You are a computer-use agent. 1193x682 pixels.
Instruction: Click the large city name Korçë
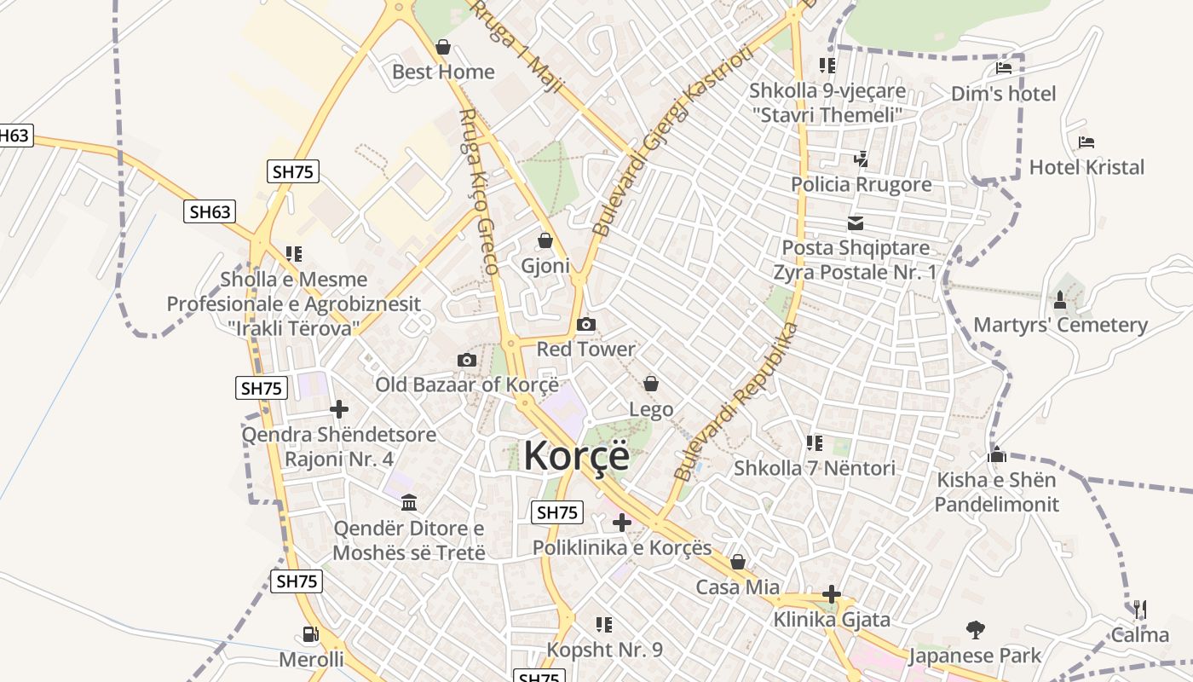click(577, 455)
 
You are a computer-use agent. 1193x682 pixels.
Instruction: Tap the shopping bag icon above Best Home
click(442, 47)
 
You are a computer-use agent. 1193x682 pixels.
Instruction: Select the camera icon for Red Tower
click(586, 324)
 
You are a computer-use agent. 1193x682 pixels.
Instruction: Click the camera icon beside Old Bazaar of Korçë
click(466, 360)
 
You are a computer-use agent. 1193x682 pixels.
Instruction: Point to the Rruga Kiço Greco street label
click(478, 192)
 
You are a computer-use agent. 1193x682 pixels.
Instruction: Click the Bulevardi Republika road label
click(737, 402)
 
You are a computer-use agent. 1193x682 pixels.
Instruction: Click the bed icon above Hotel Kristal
click(1086, 142)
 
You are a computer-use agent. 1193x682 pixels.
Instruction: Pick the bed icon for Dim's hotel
click(1004, 68)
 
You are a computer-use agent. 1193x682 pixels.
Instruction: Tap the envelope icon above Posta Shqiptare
click(856, 223)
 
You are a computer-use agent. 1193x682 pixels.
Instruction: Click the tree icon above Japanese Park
click(976, 630)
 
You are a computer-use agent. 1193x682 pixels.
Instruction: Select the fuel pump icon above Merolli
click(311, 634)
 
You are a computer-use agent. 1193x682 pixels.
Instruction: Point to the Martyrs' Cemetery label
click(1060, 325)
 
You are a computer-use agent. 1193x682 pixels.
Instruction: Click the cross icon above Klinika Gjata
click(832, 594)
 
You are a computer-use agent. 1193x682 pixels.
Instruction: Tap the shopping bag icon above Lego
click(651, 384)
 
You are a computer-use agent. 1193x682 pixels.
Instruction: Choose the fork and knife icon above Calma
click(1139, 609)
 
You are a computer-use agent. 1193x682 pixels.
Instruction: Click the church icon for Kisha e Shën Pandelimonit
click(996, 454)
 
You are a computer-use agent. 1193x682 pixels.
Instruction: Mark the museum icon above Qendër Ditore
click(408, 502)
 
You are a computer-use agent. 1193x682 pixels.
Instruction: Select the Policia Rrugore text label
click(861, 184)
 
